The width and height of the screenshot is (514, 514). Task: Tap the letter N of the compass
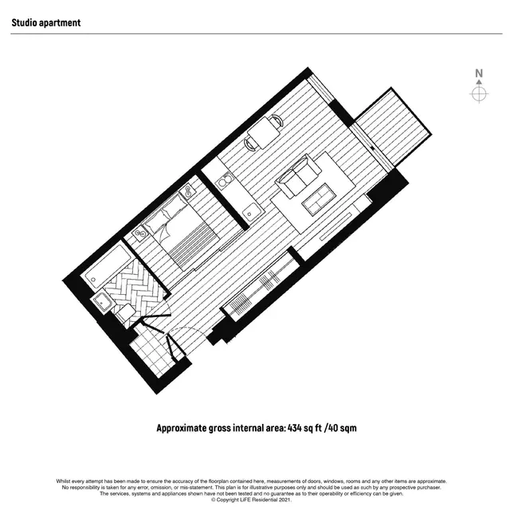click(x=479, y=73)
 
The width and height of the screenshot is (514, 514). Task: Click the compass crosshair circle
click(x=479, y=94)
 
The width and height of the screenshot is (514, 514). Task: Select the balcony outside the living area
click(x=394, y=128)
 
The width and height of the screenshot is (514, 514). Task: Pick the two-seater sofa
click(x=299, y=176)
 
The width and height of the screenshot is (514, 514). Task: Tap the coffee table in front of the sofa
click(x=320, y=199)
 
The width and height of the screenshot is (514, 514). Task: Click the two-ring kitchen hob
click(x=225, y=181)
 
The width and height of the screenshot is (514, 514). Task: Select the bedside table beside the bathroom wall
click(x=140, y=234)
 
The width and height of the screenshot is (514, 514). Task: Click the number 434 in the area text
click(x=294, y=428)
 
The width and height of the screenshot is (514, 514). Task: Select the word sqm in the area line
click(x=347, y=428)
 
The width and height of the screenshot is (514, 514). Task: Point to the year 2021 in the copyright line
click(x=284, y=500)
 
